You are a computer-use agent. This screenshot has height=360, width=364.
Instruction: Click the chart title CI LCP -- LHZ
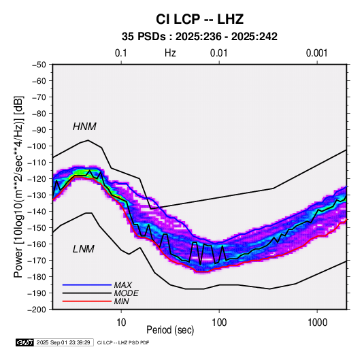(x=199, y=19)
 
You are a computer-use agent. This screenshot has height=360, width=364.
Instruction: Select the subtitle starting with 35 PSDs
(x=199, y=37)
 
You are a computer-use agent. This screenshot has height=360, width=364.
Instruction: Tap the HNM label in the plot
(x=84, y=127)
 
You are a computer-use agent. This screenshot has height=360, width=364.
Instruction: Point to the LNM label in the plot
(x=84, y=249)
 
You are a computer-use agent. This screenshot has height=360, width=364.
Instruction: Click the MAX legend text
(x=122, y=285)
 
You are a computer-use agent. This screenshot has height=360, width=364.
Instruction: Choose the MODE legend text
(x=126, y=293)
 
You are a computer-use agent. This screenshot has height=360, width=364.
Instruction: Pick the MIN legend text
(x=121, y=301)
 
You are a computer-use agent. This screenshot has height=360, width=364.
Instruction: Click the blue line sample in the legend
(x=87, y=285)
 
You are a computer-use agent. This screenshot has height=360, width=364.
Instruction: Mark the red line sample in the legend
(x=87, y=301)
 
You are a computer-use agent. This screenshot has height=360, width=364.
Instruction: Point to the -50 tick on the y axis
(x=39, y=65)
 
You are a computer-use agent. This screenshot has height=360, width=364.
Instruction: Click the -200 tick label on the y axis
(x=37, y=310)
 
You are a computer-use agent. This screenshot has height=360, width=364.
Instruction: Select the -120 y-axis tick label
(x=37, y=179)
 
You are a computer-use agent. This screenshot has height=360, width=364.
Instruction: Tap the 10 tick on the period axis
(x=121, y=323)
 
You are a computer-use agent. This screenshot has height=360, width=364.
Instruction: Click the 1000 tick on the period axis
(x=317, y=323)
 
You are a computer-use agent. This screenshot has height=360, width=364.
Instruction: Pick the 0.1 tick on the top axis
(x=121, y=53)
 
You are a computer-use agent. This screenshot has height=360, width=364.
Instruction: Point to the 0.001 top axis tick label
(x=317, y=53)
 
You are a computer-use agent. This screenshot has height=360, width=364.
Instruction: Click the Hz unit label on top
(x=170, y=53)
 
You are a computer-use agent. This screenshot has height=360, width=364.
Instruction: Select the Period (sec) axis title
(x=170, y=330)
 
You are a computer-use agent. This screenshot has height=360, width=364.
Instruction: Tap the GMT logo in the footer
(x=25, y=342)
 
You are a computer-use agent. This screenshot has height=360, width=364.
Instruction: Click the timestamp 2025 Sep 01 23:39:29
(x=63, y=342)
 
